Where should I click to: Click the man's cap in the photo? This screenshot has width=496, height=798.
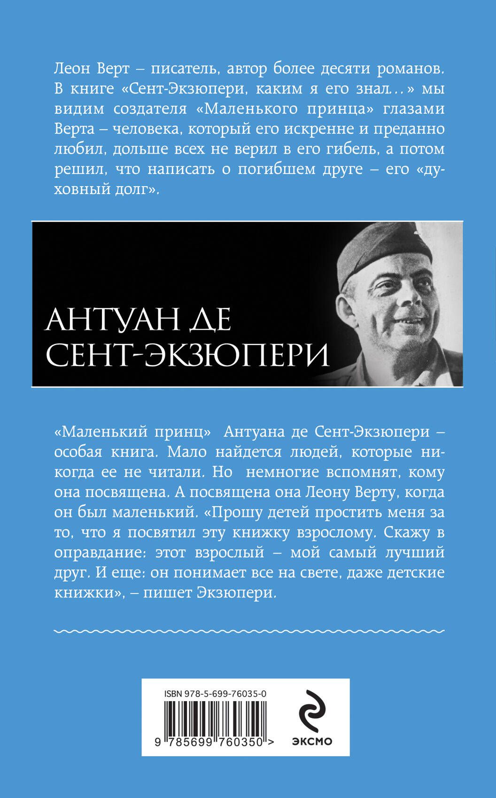385,253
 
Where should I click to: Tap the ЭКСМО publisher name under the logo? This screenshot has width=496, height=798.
312,742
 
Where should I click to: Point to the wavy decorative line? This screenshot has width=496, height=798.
249,631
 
